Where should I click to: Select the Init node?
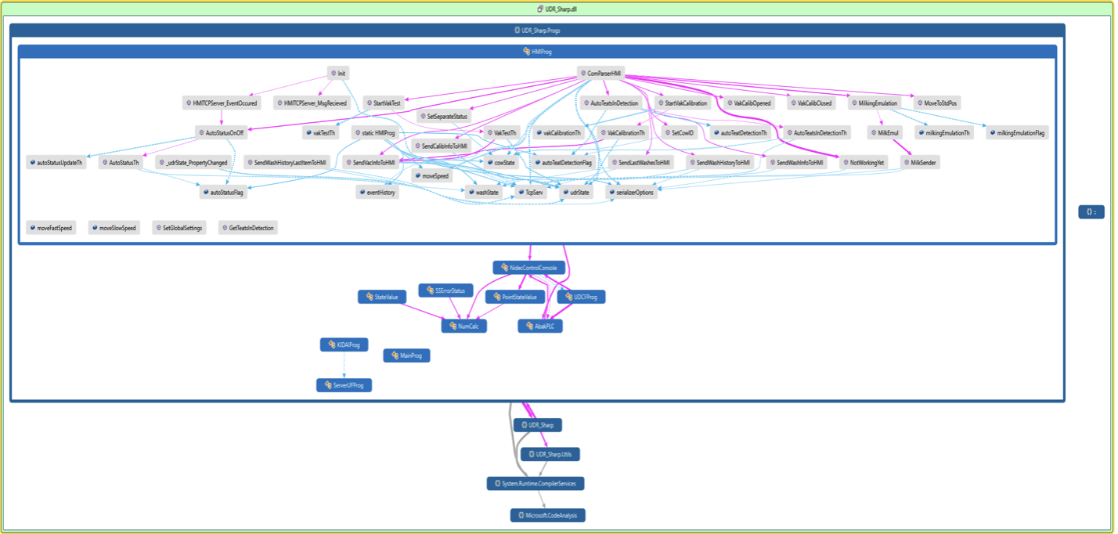point(338,73)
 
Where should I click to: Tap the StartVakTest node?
point(383,103)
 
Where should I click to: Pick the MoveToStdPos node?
point(936,103)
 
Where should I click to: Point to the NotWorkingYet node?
point(863,163)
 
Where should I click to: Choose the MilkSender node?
point(920,163)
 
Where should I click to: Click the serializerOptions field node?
point(630,193)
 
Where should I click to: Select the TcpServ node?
point(531,193)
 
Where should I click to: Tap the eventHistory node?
point(377,193)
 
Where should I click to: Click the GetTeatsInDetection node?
point(247,228)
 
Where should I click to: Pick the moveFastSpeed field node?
point(50,228)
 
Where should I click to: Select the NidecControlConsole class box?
point(529,268)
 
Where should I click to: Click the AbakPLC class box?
point(540,326)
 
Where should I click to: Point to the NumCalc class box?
point(464,326)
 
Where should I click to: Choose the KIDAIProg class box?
point(344,345)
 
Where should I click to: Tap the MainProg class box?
point(406,355)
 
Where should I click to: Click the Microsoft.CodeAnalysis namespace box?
point(548,515)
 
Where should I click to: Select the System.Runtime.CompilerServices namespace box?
point(536,484)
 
